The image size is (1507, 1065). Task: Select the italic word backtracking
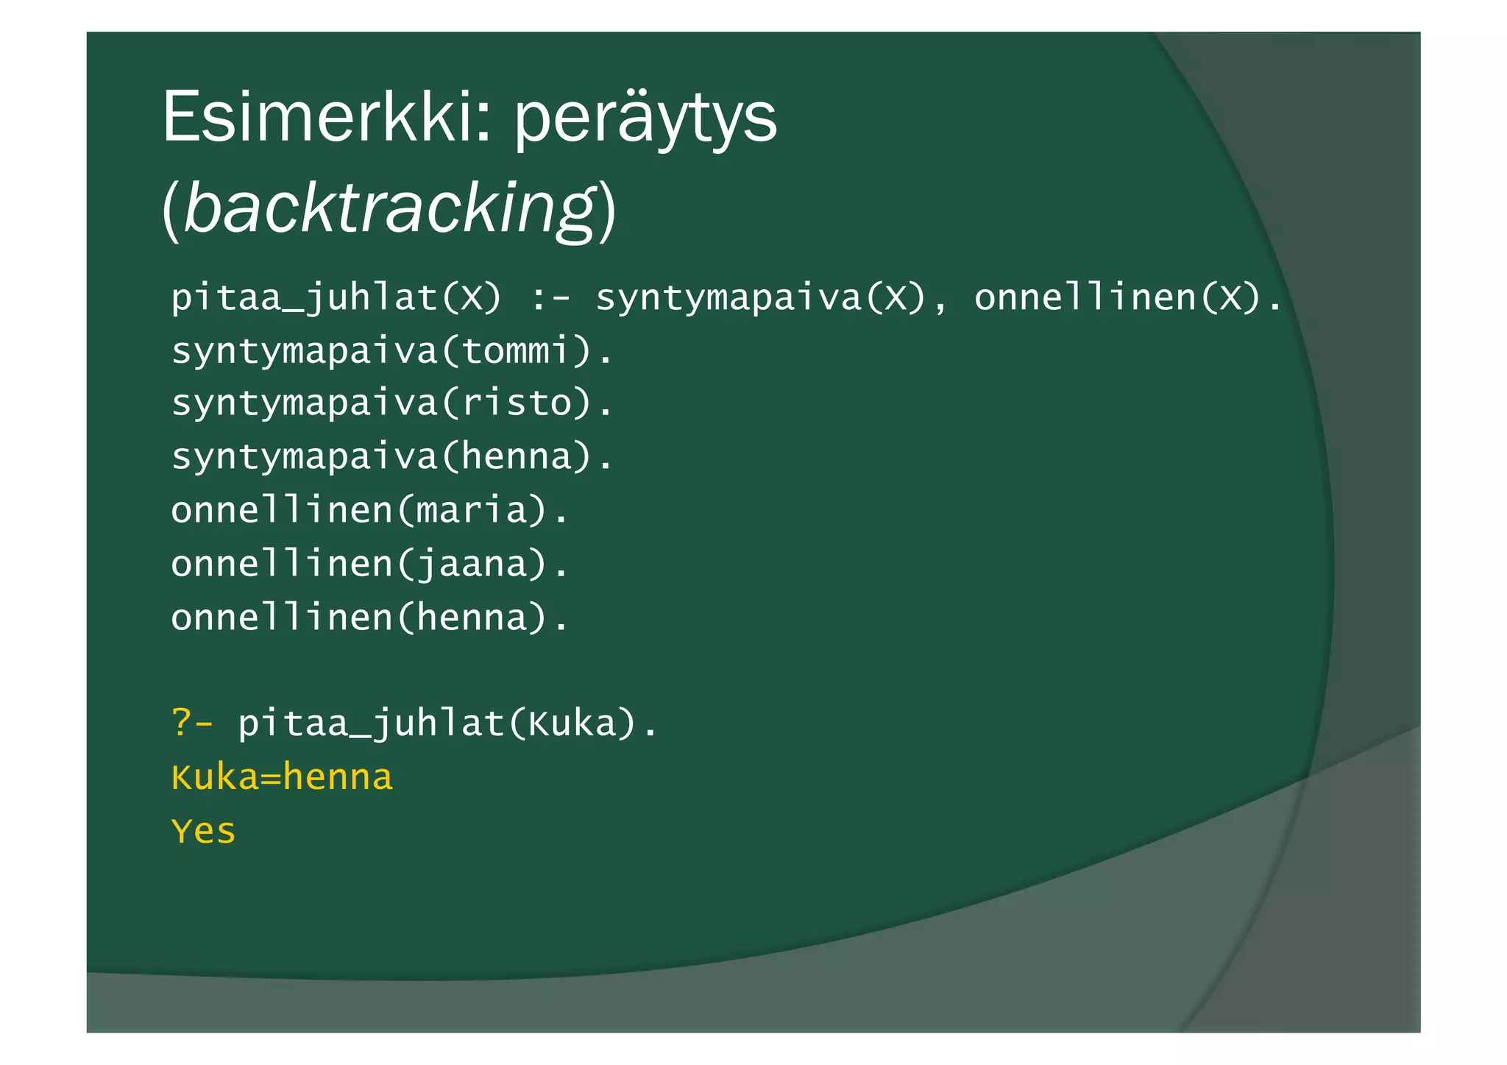[x=389, y=208]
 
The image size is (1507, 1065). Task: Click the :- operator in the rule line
[x=549, y=298]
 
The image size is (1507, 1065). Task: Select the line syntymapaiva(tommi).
[x=391, y=351]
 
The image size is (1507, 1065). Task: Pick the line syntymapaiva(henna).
[x=391, y=457]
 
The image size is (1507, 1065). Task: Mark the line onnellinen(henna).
[x=369, y=618]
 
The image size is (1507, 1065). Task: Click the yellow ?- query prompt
[x=192, y=723]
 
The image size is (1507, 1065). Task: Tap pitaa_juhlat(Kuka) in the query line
[x=447, y=723]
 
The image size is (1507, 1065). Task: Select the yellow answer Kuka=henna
[x=282, y=778]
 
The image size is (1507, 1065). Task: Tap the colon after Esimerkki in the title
[x=483, y=122]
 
